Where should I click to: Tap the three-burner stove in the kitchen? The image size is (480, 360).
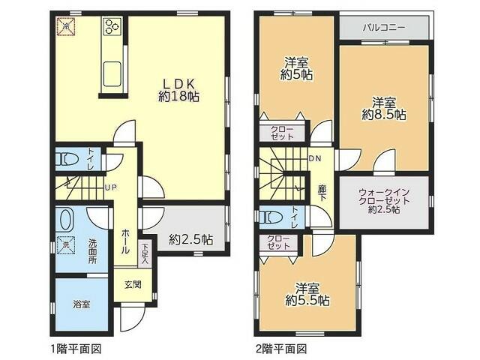(x=112, y=28)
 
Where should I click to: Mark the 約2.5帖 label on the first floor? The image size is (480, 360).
(x=191, y=240)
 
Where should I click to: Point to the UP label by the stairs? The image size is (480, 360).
(x=110, y=187)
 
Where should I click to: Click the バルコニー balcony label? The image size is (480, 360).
(x=384, y=27)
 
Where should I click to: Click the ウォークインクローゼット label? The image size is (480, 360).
(x=383, y=200)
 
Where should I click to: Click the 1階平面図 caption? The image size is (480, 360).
(x=75, y=349)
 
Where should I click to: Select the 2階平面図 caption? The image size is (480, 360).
(x=281, y=349)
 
